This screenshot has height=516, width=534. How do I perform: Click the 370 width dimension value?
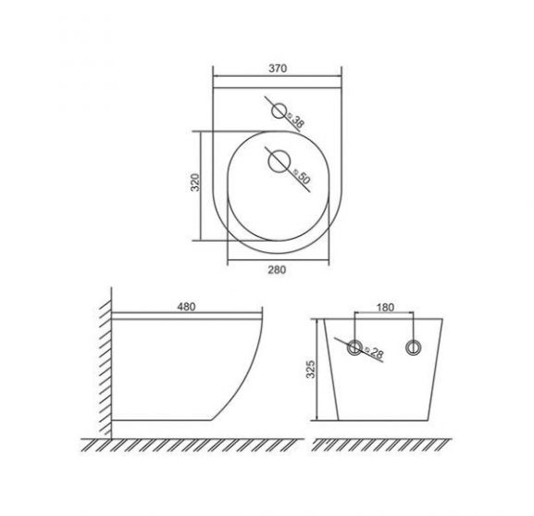tap(278, 69)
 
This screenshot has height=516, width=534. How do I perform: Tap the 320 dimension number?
tap(194, 182)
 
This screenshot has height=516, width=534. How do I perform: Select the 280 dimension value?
tap(277, 270)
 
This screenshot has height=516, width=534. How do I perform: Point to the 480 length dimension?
tap(186, 307)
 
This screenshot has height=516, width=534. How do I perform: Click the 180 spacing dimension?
tap(385, 308)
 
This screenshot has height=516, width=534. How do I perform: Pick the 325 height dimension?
tap(311, 369)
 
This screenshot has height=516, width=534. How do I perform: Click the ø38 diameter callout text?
tap(295, 120)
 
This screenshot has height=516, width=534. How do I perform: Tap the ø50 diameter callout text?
tap(302, 175)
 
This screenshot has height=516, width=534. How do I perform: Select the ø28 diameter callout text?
tap(374, 352)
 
